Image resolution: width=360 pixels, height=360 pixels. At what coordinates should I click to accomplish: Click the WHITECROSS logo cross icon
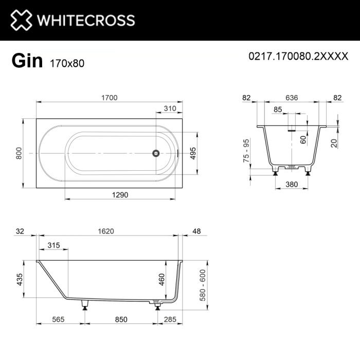[x=21, y=20]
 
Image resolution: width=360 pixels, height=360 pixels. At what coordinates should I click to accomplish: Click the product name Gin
[x=27, y=61]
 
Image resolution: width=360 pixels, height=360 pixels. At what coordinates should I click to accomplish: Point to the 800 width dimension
[x=19, y=153]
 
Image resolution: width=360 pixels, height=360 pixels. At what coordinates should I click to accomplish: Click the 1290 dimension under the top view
[x=119, y=194]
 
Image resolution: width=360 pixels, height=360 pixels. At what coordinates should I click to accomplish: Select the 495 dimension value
[x=194, y=153]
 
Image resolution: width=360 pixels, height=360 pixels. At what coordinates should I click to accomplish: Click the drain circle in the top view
[x=155, y=153]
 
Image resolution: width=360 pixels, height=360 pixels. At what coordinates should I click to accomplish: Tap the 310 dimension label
[x=170, y=109]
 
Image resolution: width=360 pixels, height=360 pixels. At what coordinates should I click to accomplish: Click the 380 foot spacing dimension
[x=292, y=183]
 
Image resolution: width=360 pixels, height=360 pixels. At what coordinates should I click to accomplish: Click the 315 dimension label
[x=53, y=245]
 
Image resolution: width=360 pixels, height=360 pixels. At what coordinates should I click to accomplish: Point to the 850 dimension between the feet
[x=121, y=319]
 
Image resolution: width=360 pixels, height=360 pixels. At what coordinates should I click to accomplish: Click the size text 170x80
[x=67, y=64]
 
